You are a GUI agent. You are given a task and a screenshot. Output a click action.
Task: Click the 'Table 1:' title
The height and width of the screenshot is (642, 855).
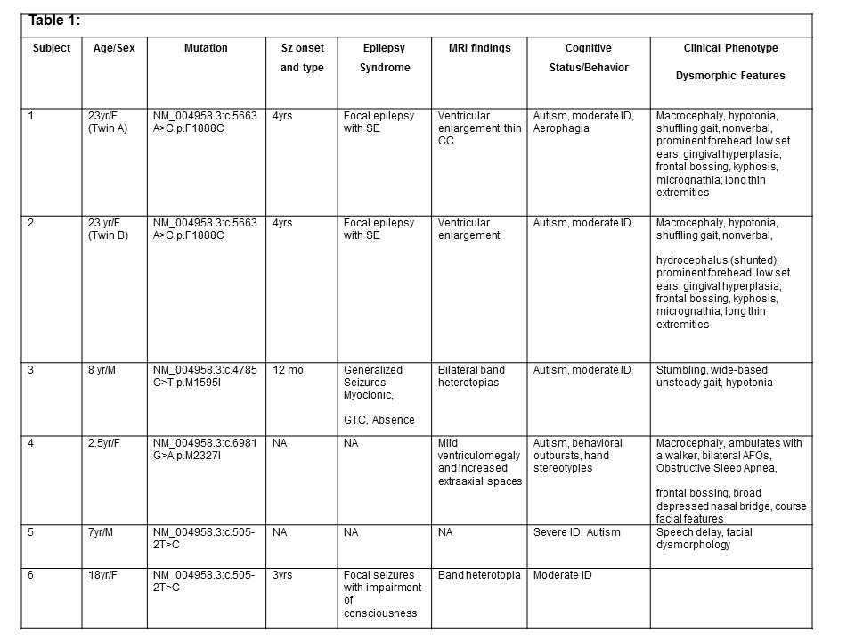(54, 21)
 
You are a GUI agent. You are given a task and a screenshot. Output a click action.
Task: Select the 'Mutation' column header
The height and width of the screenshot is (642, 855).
(206, 48)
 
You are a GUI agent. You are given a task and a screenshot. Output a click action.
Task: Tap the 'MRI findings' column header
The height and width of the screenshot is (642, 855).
(479, 48)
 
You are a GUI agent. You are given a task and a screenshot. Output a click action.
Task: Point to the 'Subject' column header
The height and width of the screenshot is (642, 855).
(51, 48)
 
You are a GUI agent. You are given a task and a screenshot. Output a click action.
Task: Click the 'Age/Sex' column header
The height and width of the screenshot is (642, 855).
(114, 48)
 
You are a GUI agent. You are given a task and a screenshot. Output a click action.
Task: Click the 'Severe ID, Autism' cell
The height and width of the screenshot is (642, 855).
(577, 532)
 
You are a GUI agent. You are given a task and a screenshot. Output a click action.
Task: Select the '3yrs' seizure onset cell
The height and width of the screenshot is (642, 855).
(284, 575)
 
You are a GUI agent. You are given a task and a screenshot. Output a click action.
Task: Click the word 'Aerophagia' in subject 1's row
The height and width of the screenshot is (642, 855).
(562, 128)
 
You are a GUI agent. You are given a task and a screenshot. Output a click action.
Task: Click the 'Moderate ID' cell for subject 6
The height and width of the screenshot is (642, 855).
(562, 575)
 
